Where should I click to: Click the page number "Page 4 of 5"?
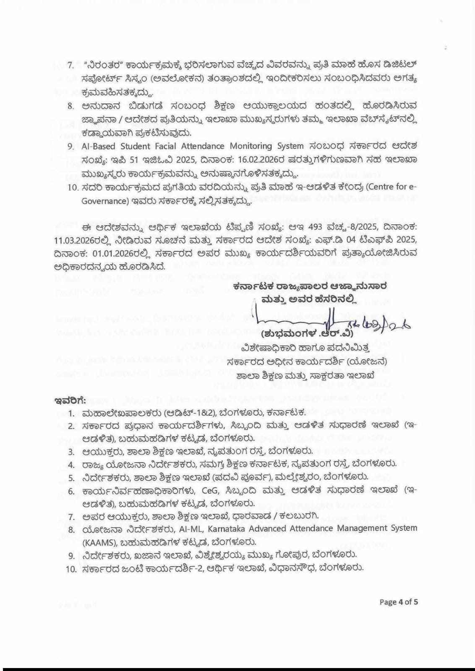click(398, 602)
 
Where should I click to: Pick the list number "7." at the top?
click(70, 65)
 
